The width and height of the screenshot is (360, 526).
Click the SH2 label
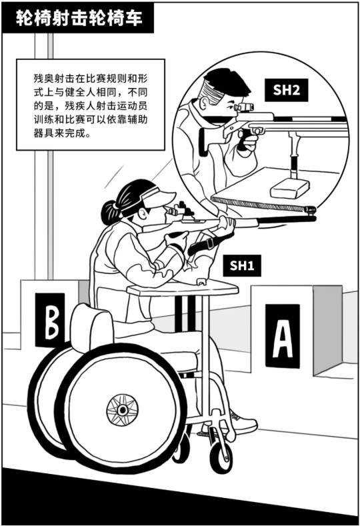click(x=286, y=90)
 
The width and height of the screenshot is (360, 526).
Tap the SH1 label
click(x=242, y=265)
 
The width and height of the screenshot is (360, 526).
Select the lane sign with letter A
click(x=283, y=336)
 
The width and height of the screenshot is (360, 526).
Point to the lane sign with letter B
click(x=50, y=320)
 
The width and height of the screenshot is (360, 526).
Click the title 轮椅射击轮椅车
click(x=79, y=18)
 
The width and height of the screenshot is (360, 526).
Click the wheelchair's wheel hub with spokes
click(x=123, y=409)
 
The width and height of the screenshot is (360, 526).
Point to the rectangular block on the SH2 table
click(x=290, y=189)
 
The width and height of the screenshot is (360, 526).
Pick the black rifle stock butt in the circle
click(x=204, y=142)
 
